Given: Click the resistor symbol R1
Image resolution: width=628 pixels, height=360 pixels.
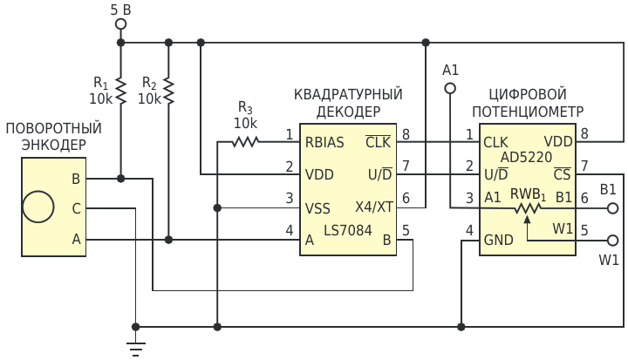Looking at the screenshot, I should tap(121, 91).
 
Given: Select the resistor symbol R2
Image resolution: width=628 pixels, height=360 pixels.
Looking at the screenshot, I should tap(168, 91).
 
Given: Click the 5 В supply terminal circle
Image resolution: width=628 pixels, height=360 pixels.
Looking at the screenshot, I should tap(121, 25).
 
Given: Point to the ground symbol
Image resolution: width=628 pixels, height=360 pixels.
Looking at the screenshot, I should tap(136, 347).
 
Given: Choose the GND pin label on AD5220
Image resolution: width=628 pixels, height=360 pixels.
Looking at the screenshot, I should tap(499, 240).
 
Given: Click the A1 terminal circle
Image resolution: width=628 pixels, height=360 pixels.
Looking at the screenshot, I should tap(450, 88).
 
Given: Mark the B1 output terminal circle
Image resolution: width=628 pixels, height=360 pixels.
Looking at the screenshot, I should tap(611, 208).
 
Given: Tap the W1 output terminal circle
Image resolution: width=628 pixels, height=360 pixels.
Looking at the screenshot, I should tap(611, 240).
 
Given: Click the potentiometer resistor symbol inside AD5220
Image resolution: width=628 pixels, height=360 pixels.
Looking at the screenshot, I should tap(527, 208).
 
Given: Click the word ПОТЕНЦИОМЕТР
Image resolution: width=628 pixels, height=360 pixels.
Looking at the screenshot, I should tap(528, 111).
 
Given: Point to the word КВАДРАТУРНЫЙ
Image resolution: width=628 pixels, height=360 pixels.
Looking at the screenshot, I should tap(348, 93).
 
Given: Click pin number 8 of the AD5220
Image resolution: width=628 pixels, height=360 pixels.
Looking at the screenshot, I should tap(584, 132).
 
